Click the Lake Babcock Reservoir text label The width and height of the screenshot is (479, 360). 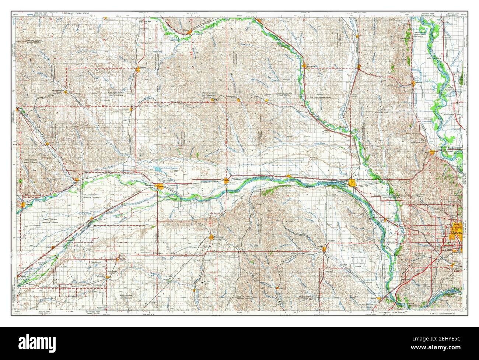pyautogui.click(x=168, y=167)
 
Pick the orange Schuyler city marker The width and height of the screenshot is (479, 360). pyautogui.click(x=226, y=180)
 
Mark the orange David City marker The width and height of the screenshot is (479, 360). pyautogui.click(x=211, y=237)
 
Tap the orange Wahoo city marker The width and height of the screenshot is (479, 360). pyautogui.click(x=324, y=249)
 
